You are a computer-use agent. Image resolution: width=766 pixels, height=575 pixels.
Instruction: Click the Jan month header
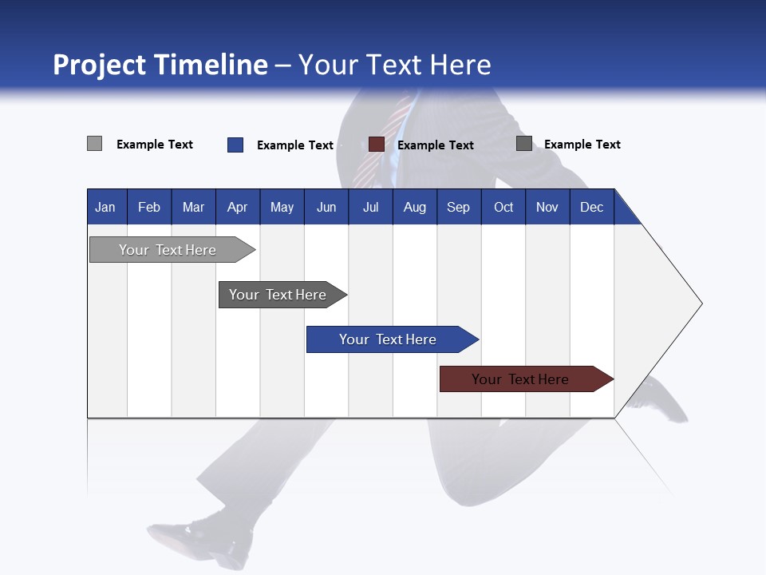click(105, 207)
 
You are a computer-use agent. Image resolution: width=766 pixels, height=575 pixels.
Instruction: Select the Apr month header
click(237, 207)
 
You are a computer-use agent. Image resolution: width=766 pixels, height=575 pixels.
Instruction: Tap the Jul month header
click(370, 207)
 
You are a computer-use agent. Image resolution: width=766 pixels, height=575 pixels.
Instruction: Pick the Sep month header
click(458, 207)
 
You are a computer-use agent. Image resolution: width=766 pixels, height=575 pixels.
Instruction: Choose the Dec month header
click(591, 207)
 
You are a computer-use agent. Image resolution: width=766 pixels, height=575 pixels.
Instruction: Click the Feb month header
click(149, 207)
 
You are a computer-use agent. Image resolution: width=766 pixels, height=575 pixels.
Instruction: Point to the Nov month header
click(547, 207)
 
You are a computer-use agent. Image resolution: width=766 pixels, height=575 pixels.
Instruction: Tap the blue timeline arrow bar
click(389, 339)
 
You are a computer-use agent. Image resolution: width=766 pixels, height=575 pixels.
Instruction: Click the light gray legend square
click(94, 144)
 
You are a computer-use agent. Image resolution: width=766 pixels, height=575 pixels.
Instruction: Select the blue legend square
click(235, 145)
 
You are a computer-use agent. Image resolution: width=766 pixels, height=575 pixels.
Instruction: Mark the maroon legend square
click(377, 145)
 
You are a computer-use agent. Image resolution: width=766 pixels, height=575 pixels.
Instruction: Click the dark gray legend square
click(524, 144)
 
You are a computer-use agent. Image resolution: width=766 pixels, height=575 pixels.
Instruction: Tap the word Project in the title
click(100, 65)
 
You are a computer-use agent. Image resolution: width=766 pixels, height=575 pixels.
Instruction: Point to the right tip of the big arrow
click(700, 303)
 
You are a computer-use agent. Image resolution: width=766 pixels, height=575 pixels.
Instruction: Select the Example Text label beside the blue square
click(294, 145)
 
